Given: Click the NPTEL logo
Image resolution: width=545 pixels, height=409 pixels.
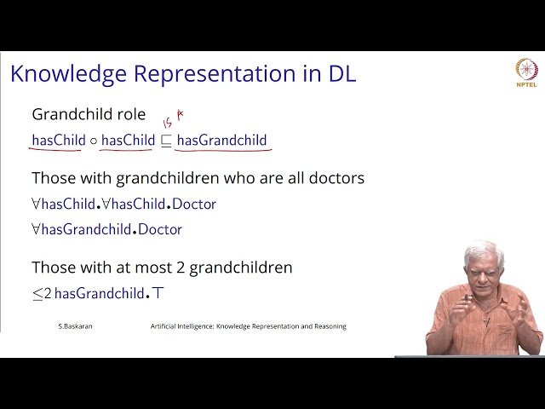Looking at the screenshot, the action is pos(526,72).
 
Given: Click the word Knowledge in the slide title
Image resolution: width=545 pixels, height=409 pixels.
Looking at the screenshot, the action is pos(68,74).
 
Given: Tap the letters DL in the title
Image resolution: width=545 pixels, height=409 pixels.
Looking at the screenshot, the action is pos(342,73).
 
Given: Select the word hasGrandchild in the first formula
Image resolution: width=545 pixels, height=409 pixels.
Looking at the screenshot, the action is pos(221,140).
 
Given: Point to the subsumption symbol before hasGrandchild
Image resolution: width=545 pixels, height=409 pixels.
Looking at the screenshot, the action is pos(166,141).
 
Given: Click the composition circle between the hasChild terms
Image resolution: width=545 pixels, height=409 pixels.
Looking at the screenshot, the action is pos(93,141).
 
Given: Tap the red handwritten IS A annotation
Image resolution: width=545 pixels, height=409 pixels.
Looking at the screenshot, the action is pos(173,119).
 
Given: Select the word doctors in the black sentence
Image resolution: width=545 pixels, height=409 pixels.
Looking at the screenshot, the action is pos(336,178).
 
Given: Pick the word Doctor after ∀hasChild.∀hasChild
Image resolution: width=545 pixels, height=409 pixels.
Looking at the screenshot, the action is pos(194,204).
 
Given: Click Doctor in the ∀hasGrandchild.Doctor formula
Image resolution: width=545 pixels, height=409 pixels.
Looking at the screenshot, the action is pos(160,229).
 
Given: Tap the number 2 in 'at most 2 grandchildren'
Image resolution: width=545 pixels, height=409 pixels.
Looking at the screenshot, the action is pos(181,268).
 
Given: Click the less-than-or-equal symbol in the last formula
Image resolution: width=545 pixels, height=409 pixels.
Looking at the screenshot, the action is pos(37,294).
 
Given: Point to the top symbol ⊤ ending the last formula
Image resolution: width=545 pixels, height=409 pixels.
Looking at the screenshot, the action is pos(158,293).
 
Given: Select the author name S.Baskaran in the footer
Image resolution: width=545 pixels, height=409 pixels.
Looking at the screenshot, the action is pos(76,326).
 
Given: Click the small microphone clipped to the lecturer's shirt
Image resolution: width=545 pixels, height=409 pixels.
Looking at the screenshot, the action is pos(487,321).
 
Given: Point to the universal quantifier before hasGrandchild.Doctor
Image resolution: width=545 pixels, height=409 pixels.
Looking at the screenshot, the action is pos(36,229).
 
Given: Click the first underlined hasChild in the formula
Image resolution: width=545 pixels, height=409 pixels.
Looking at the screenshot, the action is pos(59,140).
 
